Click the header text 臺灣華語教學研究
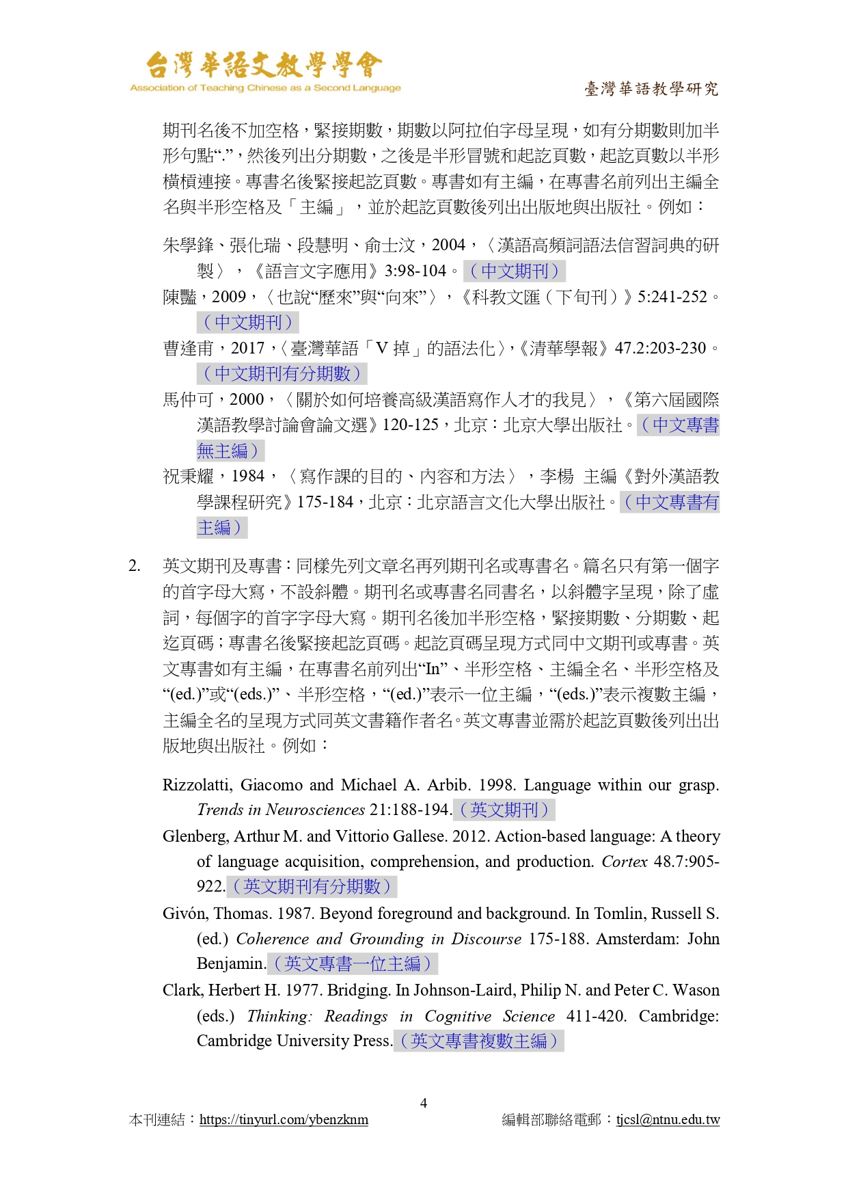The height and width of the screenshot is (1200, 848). coord(651,89)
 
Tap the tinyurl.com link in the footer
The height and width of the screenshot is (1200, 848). coord(284,1120)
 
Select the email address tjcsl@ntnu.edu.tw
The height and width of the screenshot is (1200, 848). coord(668,1120)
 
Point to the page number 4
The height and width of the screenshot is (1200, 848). coord(424,1103)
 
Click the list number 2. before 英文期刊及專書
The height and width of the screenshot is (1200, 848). coord(135,566)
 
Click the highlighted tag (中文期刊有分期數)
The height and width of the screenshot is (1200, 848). coord(282,374)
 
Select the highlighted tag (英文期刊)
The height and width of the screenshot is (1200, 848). coord(504,810)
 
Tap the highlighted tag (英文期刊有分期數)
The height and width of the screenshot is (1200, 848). coord(312,887)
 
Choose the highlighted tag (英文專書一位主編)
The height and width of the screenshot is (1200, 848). coord(353,964)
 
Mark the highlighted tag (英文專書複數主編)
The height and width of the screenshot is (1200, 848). coord(479,1041)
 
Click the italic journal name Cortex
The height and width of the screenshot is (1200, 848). coord(624,862)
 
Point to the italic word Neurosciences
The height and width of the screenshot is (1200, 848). coord(315,810)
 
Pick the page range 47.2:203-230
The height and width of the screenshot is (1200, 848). coord(660,349)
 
